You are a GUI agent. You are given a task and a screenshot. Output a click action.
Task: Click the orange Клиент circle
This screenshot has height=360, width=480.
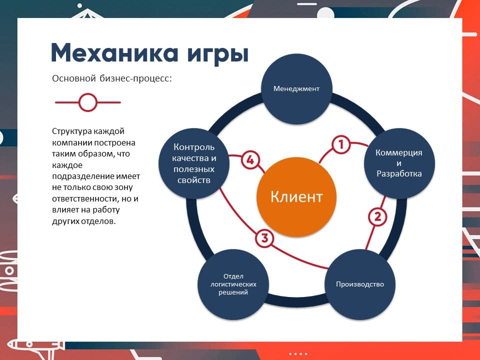(x=296, y=196)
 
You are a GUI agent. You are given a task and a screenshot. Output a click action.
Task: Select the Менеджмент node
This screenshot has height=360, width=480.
(x=296, y=89)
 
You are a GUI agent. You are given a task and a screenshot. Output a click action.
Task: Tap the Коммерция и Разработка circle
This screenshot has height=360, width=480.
(x=399, y=163)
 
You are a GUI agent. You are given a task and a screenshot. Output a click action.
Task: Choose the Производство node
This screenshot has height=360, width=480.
(x=359, y=284)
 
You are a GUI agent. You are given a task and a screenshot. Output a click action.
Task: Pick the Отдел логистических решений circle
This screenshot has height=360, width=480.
(x=233, y=284)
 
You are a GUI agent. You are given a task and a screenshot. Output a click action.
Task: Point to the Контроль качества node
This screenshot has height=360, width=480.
(x=194, y=163)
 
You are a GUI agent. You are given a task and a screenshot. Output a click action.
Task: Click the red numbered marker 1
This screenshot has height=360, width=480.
(x=340, y=144)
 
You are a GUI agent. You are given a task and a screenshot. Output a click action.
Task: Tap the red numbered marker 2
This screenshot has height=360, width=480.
(x=377, y=216)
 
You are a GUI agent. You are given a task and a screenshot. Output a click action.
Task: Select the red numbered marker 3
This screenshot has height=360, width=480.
(x=264, y=238)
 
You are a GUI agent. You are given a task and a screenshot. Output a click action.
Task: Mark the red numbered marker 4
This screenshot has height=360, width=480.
(x=250, y=160)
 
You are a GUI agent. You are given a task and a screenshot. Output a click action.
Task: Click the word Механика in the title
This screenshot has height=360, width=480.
(x=114, y=53)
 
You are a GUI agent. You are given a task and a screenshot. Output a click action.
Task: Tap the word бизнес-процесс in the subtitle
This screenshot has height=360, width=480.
(x=135, y=78)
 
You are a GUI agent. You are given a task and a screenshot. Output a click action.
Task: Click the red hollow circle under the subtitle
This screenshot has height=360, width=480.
(x=88, y=102)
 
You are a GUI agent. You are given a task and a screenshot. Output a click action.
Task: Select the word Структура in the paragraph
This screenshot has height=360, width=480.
(x=71, y=131)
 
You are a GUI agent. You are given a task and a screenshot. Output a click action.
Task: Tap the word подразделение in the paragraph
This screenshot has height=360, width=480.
(x=78, y=176)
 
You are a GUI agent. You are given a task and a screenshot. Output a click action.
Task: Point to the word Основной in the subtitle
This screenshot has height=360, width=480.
(x=74, y=78)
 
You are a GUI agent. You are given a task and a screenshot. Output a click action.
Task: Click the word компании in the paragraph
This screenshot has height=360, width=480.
(x=71, y=143)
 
